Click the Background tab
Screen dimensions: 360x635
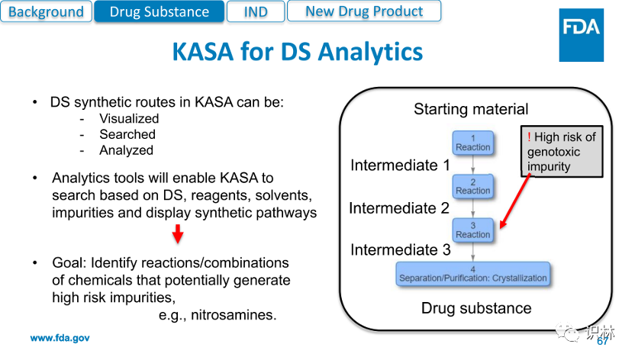46,11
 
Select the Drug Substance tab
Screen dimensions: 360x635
159,11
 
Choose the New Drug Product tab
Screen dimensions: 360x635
364,11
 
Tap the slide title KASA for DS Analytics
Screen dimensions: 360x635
297,52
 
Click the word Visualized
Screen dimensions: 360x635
129,118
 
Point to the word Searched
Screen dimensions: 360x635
127,134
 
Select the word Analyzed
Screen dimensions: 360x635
126,150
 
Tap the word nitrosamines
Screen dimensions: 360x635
234,315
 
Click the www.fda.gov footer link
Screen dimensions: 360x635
60,338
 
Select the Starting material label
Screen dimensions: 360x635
471,109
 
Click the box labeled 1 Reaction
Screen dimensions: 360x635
472,143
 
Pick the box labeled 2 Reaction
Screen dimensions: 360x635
472,186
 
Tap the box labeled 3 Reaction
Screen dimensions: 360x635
472,230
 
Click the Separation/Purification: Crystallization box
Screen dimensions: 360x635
472,274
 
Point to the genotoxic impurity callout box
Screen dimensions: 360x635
561,152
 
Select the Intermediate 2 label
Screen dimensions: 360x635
399,207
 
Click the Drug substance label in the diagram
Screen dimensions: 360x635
476,308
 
